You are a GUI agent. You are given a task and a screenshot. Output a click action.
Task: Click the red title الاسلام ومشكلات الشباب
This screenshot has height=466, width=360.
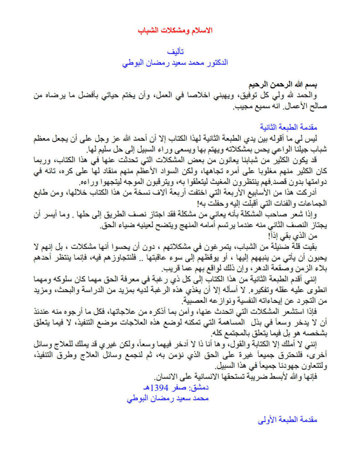point(175,30)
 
